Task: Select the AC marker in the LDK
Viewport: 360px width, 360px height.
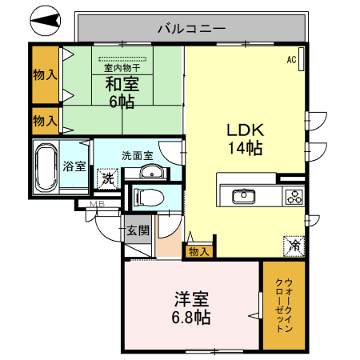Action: pyautogui.click(x=291, y=60)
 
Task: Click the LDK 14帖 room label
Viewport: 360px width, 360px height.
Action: pyautogui.click(x=244, y=138)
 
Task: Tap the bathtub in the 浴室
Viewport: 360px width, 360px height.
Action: pyautogui.click(x=46, y=166)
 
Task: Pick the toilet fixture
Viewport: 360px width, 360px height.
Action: pyautogui.click(x=149, y=197)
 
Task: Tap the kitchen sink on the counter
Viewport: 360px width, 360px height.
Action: pyautogui.click(x=242, y=196)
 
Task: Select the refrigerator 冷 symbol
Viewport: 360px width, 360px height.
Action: pyautogui.click(x=294, y=246)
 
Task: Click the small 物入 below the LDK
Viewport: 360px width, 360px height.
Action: pyautogui.click(x=198, y=251)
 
